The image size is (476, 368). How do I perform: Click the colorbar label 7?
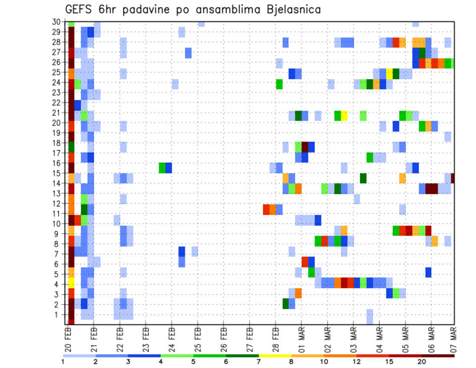(x=258, y=362)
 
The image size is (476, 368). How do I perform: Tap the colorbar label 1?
(x=63, y=362)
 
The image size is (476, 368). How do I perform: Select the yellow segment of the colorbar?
(x=275, y=356)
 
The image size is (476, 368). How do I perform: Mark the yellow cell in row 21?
(x=344, y=116)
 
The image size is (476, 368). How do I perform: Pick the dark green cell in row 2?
(x=286, y=303)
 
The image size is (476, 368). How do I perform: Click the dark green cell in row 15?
(x=363, y=178)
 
